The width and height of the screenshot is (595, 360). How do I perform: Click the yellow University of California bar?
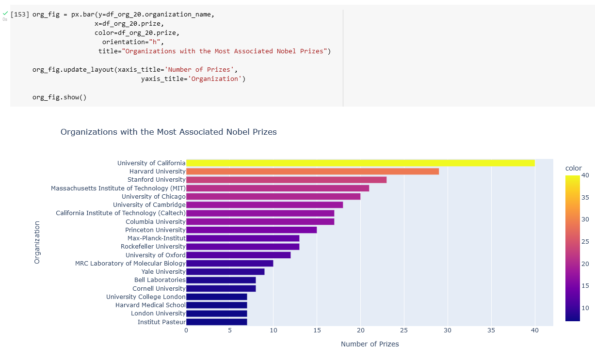[x=360, y=163]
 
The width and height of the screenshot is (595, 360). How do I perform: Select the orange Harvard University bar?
[x=312, y=171]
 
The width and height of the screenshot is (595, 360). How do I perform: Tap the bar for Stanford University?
[x=286, y=180]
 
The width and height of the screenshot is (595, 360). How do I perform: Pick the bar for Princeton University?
[x=251, y=230]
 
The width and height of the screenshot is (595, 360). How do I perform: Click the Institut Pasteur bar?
[x=216, y=322]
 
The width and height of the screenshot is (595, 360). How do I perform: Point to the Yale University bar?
[x=225, y=271]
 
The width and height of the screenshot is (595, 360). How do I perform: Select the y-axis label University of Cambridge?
[x=149, y=204]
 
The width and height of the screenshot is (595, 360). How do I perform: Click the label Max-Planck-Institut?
[x=156, y=238]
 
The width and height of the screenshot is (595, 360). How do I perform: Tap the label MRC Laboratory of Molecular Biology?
[x=130, y=263]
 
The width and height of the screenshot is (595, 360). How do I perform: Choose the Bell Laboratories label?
[x=160, y=280]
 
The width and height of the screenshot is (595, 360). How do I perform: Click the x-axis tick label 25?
[x=404, y=330]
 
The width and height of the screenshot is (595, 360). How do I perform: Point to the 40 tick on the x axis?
[x=534, y=330]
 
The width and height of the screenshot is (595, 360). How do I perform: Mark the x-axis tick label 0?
[x=186, y=330]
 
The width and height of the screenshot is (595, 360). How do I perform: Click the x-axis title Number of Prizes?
[x=370, y=344]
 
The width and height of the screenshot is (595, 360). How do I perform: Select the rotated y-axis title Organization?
[x=37, y=242]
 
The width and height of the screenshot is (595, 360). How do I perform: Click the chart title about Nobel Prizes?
[x=168, y=132]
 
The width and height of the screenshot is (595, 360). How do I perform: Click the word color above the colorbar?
[x=573, y=168]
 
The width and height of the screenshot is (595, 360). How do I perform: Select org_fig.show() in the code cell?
[x=59, y=97]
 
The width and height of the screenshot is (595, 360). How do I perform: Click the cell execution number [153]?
[x=20, y=14]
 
